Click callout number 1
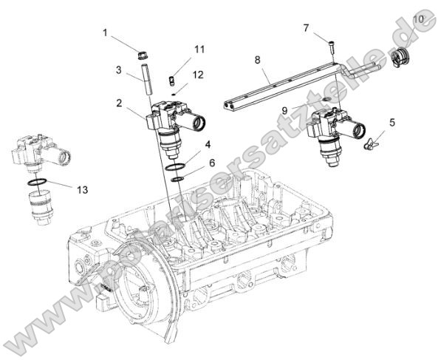point(105,33)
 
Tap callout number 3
point(118,69)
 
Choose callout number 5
point(392,122)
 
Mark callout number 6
point(212,163)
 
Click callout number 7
point(306,28)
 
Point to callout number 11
point(199,49)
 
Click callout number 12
point(197,74)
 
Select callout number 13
point(82,190)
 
